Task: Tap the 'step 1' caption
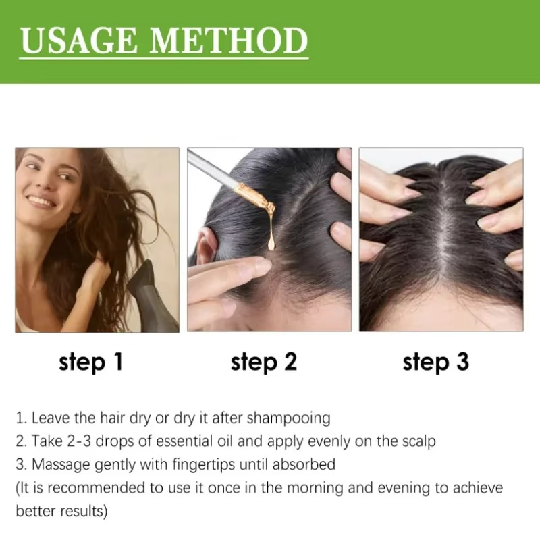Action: (x=90, y=362)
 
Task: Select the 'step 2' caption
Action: (x=263, y=362)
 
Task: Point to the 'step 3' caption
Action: (x=435, y=362)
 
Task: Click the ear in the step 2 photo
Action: (x=205, y=250)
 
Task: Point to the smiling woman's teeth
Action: (x=40, y=201)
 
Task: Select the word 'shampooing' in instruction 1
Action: (x=289, y=418)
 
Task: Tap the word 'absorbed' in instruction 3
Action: (x=304, y=465)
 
